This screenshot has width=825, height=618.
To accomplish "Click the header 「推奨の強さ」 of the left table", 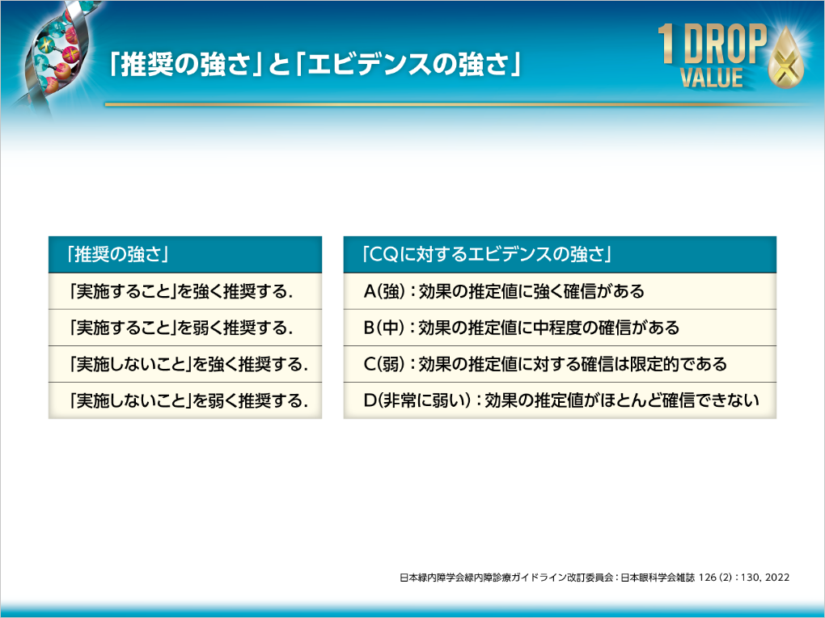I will pos(118,255).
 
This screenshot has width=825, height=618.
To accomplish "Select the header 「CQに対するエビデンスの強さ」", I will pos(486,255).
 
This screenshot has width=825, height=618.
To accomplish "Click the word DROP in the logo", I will pos(724,46).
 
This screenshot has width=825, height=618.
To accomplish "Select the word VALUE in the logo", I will pos(711,78).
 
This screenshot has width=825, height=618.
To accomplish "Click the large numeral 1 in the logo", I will pos(666,44).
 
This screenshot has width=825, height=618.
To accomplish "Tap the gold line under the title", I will pos(453,104).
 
